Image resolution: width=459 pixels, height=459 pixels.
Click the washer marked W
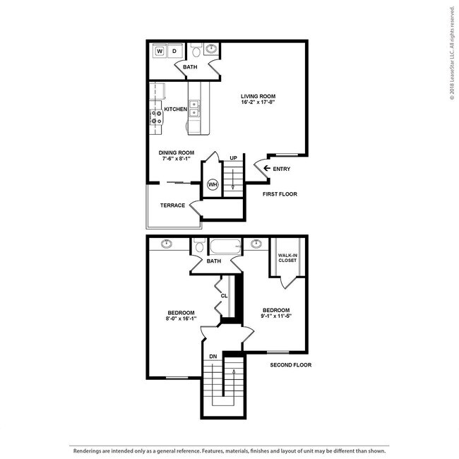[160, 52]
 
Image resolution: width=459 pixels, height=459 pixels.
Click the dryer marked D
[174, 52]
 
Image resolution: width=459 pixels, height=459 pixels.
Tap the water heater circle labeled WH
[213, 184]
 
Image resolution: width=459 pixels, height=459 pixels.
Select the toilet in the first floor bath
[196, 50]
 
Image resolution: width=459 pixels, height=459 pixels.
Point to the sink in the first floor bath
[211, 48]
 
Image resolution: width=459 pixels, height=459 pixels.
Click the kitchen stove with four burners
[156, 117]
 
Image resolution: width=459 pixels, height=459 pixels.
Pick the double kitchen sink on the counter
[194, 108]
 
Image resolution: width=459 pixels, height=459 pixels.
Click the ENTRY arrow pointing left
[267, 168]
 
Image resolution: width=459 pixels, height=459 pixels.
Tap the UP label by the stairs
[233, 158]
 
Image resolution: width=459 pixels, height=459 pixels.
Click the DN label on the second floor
[213, 357]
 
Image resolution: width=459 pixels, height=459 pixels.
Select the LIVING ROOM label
[258, 96]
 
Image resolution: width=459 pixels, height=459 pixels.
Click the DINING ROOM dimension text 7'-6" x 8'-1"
[177, 159]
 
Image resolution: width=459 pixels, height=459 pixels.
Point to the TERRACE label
[172, 205]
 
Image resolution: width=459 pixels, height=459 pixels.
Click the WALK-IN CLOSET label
[287, 258]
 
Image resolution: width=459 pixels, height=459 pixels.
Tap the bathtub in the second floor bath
[225, 246]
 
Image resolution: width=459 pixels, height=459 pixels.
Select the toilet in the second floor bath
[200, 245]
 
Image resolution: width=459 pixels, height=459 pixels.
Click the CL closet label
[224, 296]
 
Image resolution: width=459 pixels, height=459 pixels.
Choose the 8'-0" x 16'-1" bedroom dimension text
[181, 318]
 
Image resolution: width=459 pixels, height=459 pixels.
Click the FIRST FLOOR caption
[280, 194]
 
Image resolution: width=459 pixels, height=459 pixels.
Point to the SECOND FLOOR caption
[291, 365]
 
